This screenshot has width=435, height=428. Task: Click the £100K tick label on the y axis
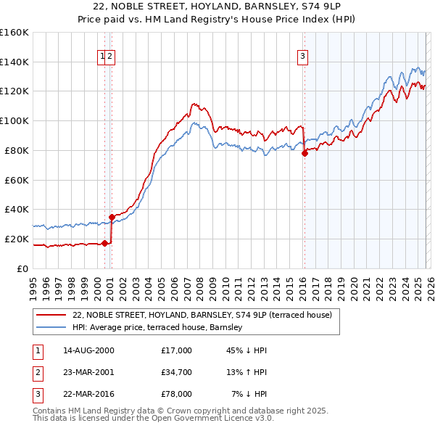click(x=14, y=120)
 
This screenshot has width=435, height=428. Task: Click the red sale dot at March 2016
click(x=304, y=153)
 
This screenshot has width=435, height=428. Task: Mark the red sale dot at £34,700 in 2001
click(x=112, y=216)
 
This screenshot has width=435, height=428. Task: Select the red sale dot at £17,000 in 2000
click(x=104, y=243)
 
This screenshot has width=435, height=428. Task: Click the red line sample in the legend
click(x=51, y=315)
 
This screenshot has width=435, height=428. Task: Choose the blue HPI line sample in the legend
click(x=51, y=328)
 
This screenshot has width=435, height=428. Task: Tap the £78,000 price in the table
click(x=177, y=394)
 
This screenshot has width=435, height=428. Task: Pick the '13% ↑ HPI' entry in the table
click(x=247, y=372)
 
